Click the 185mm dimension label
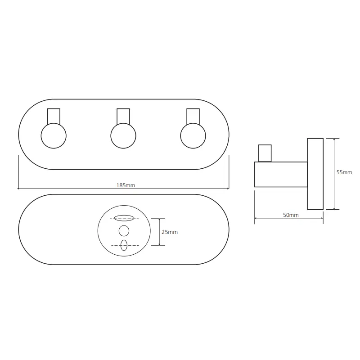coord(126,185)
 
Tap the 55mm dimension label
coord(344,172)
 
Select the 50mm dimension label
coord(291,215)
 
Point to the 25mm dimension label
coord(170,232)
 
